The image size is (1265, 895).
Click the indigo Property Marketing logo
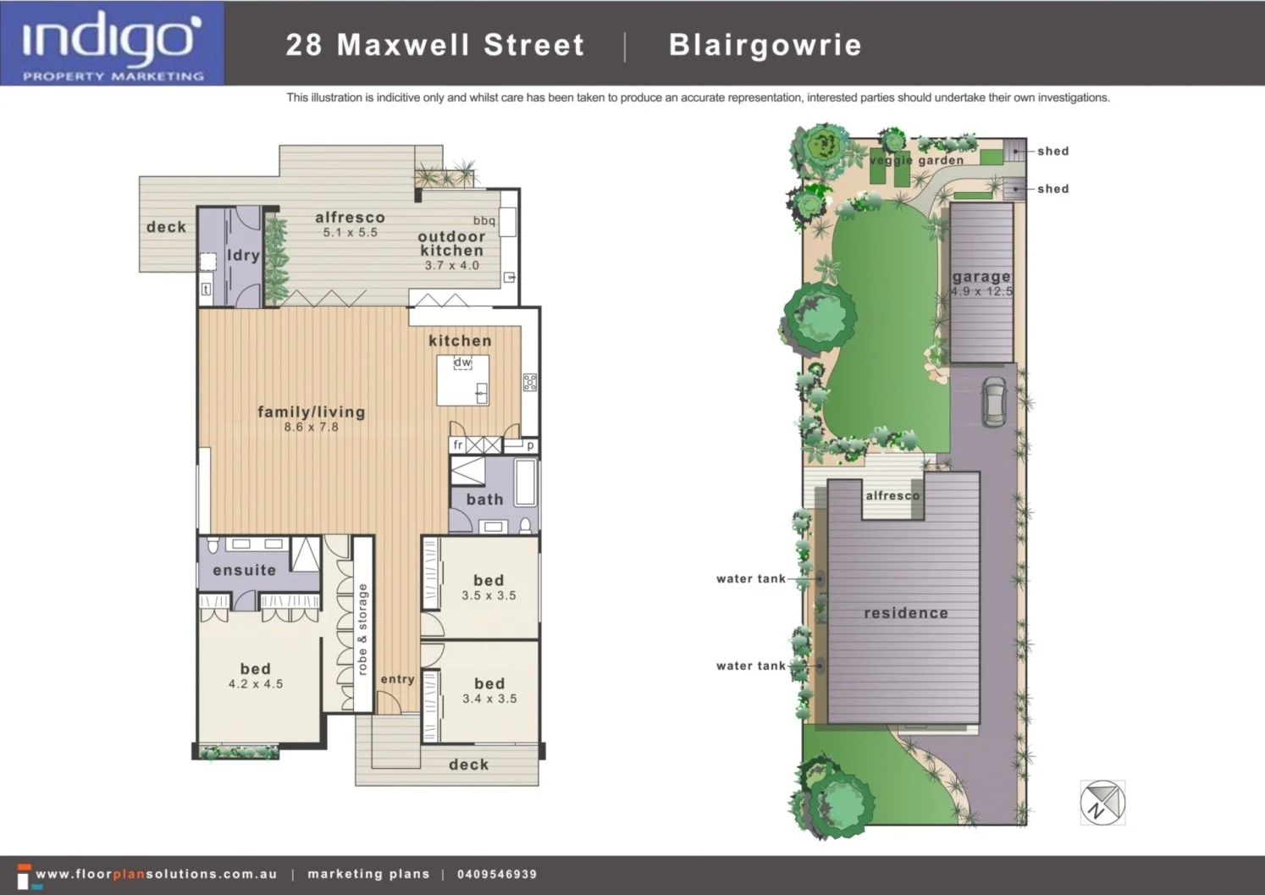pos(112,44)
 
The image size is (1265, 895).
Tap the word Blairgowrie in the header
pos(765,45)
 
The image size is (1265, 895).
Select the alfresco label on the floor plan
pos(350,218)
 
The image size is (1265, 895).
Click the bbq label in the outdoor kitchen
pos(484,220)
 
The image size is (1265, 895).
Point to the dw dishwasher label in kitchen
pos(462,362)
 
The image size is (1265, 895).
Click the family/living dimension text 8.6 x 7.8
pos(311,428)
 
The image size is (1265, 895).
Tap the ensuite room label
pos(244,571)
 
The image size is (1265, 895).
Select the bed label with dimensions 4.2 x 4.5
pos(255,669)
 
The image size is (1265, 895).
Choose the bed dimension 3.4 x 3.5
pos(489,699)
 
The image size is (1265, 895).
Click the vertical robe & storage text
pos(362,629)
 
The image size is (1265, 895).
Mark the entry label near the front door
pos(397,679)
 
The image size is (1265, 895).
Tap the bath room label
pos(484,500)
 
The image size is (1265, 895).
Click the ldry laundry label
pos(243,255)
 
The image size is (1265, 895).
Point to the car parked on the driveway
pos(992,401)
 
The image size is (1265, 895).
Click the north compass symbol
pos(1102,802)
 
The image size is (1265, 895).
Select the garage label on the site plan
pos(981,277)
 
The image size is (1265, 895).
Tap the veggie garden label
pos(916,160)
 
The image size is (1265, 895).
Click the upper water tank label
pos(751,579)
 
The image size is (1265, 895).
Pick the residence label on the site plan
pos(906,613)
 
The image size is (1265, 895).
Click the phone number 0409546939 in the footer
pos(497,874)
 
